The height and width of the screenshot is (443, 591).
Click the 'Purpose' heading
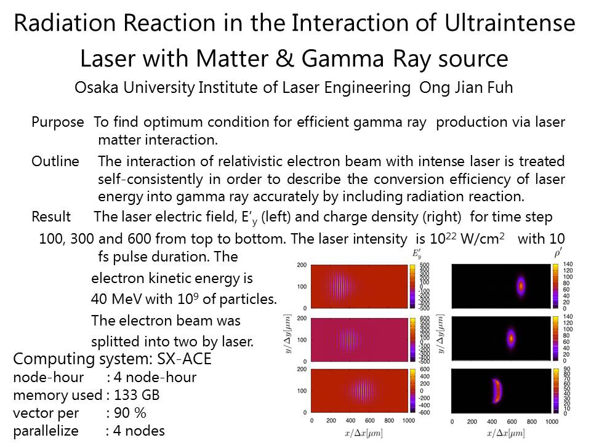pos(57,122)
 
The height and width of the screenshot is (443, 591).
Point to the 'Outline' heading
pos(55,162)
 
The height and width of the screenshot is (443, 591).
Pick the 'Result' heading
pos(51,217)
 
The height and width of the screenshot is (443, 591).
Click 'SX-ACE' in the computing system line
pos(191,359)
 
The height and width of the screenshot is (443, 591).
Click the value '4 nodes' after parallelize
pos(135,431)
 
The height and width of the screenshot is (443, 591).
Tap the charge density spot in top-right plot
pos(521,285)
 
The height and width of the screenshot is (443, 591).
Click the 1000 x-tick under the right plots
pos(552,422)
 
